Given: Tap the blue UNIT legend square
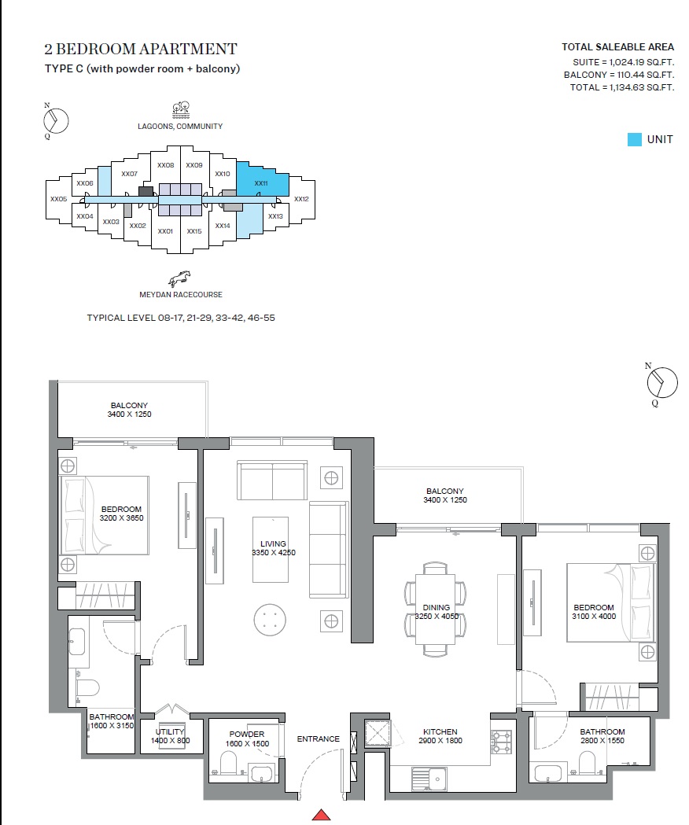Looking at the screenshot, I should (634, 139).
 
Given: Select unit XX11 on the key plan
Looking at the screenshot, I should (261, 183).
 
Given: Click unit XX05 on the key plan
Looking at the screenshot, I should (58, 199).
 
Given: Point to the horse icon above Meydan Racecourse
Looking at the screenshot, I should (180, 278).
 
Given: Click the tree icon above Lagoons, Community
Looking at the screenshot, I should (182, 109).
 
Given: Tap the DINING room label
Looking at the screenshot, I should (436, 607).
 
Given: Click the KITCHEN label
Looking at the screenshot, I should (440, 731).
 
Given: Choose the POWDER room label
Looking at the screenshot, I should (246, 734).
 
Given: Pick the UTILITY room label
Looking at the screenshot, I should (170, 731).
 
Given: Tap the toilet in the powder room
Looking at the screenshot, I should (229, 763).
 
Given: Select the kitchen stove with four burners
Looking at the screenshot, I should (501, 741).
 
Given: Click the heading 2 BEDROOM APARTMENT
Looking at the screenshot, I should (141, 50).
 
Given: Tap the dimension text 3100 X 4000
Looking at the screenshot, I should (594, 617).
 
